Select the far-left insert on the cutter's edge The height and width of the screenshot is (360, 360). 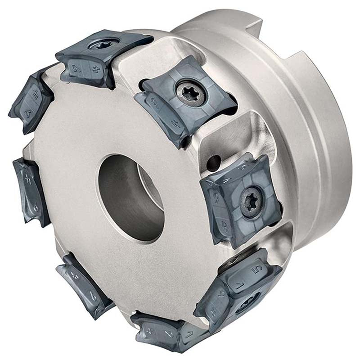pyautogui.click(x=31, y=191)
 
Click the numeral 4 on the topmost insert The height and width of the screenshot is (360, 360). pyautogui.click(x=95, y=70)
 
